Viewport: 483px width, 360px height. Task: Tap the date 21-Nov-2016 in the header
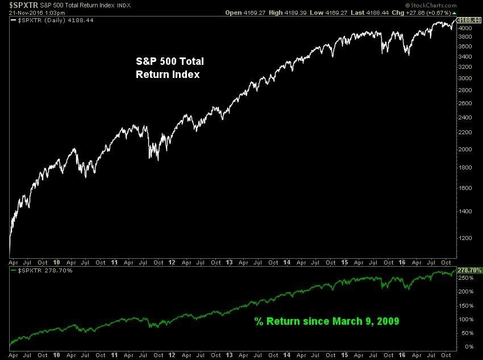[21, 13]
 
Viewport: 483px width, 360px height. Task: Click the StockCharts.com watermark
[460, 5]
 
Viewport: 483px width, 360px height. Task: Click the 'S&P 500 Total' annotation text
[169, 61]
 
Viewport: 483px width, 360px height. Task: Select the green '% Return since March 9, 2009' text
[326, 321]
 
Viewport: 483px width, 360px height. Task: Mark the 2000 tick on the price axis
[465, 150]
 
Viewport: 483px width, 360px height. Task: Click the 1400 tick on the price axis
[465, 211]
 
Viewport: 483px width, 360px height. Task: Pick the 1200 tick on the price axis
[465, 239]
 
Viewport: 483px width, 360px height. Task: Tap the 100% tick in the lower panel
[465, 319]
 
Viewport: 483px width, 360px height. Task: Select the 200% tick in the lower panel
[465, 292]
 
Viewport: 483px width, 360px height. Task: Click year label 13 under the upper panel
[229, 263]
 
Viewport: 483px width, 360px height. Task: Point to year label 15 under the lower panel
[344, 354]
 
